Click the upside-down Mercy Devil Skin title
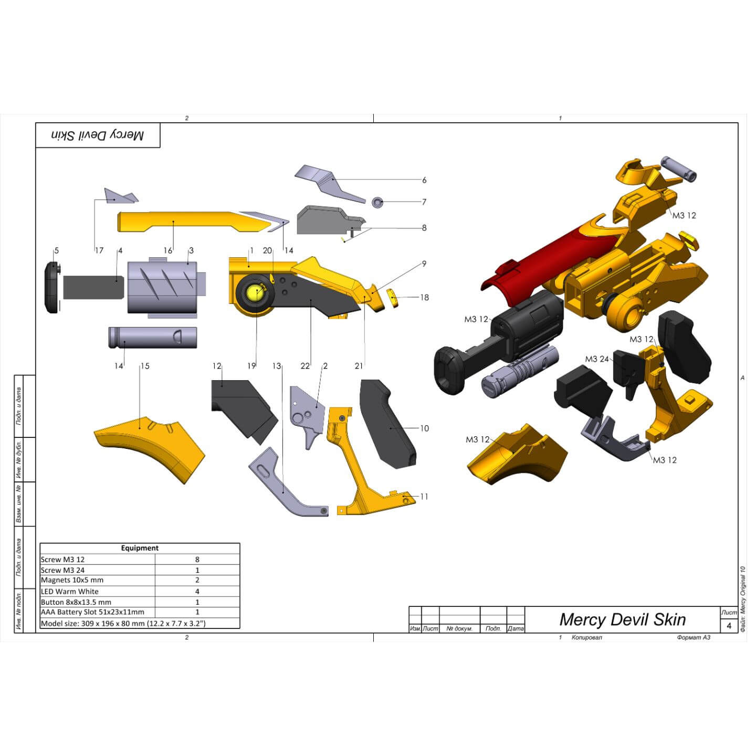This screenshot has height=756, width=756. [x=97, y=135]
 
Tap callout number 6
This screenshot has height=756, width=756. [x=424, y=180]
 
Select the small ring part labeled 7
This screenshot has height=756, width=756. [x=377, y=202]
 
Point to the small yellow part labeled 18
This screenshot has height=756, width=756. [x=392, y=297]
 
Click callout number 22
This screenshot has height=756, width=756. [x=305, y=366]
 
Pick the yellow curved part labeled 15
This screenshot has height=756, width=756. [x=150, y=446]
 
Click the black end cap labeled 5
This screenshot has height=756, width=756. [x=51, y=287]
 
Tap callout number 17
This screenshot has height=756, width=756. [x=99, y=250]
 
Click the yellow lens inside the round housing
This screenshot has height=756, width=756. [x=254, y=292]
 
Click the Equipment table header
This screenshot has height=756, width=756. [x=140, y=548]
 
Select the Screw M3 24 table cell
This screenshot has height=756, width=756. [x=63, y=570]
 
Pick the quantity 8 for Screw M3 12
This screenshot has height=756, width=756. [x=197, y=560]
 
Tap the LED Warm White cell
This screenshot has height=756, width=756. [x=70, y=592]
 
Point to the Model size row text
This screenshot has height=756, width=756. [x=123, y=624]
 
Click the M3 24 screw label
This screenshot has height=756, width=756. [x=596, y=359]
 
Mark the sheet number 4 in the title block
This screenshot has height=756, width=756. [x=729, y=626]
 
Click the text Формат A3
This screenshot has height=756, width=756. [x=693, y=638]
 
